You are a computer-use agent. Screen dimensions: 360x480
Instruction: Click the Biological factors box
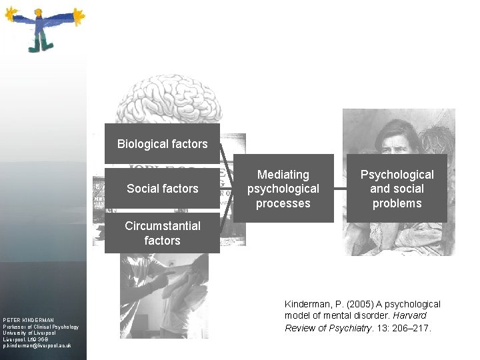click(x=162, y=143)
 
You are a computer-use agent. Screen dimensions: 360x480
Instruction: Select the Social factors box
click(x=162, y=189)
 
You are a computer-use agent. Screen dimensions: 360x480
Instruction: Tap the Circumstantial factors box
click(x=162, y=233)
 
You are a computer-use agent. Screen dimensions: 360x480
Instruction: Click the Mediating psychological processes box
click(x=283, y=189)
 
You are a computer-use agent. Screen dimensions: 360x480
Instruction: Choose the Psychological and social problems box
click(x=397, y=189)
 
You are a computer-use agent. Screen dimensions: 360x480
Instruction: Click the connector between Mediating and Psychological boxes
click(x=340, y=189)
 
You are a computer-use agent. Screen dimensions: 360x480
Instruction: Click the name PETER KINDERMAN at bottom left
click(x=28, y=320)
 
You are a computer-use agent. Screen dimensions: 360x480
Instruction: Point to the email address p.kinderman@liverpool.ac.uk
click(x=37, y=347)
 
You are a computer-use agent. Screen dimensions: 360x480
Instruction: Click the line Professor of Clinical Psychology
click(x=40, y=327)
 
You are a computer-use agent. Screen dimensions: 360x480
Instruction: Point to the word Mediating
click(x=283, y=175)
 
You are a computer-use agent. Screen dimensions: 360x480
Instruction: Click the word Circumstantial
click(x=162, y=226)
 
